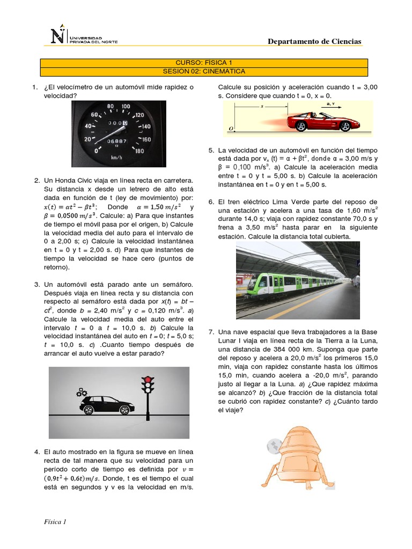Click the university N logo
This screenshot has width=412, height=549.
point(57,35)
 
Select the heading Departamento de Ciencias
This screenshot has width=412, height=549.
point(314,41)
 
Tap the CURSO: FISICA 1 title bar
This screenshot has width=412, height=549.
point(204,63)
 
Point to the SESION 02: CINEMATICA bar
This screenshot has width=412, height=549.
point(204,71)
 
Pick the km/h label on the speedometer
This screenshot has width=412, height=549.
point(116,158)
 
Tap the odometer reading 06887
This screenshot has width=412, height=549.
point(116,141)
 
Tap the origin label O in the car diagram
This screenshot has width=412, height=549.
point(231,129)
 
